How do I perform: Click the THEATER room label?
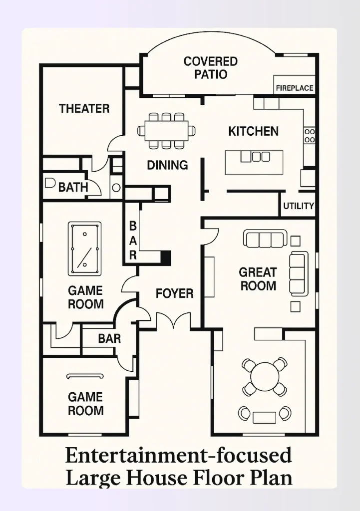[84, 108]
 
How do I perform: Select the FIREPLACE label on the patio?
[295, 88]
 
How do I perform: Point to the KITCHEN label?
[253, 131]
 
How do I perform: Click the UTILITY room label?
[299, 206]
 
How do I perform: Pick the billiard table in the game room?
[84, 249]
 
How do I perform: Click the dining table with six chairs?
[166, 131]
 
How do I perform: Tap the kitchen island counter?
[254, 163]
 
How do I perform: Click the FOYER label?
[174, 293]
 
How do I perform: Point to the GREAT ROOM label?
[258, 279]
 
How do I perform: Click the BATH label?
[73, 188]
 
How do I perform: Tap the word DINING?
[167, 165]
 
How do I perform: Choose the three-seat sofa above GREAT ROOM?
[265, 239]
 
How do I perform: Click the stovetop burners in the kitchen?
[310, 136]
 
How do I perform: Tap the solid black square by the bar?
[166, 257]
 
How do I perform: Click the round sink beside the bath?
[116, 188]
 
